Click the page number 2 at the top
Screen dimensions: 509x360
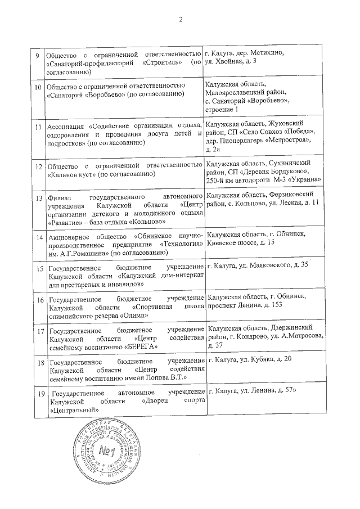(x=181, y=21)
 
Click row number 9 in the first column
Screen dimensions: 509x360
(x=37, y=55)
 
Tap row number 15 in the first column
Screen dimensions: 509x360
(x=39, y=268)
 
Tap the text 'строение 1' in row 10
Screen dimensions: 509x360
(x=222, y=109)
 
